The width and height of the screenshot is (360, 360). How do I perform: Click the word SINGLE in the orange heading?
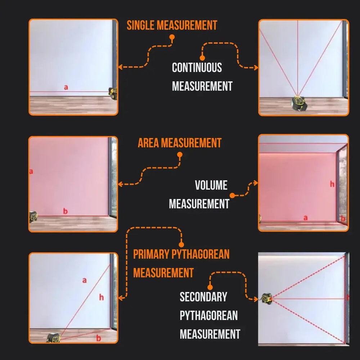click(141, 26)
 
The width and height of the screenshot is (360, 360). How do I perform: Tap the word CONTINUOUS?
click(197, 68)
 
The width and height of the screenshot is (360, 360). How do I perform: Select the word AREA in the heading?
click(148, 143)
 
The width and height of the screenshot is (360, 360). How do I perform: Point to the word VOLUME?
click(211, 185)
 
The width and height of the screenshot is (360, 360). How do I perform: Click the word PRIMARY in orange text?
click(151, 254)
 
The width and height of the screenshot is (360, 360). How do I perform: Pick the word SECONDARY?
click(203, 297)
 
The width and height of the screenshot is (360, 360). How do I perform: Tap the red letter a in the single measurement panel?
click(66, 87)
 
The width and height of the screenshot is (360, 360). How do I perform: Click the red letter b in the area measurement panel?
click(65, 211)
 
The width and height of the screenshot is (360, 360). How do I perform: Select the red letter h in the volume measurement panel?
click(332, 184)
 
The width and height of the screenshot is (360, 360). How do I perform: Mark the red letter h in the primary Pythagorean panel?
click(102, 297)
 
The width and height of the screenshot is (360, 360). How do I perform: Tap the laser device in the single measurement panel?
click(114, 94)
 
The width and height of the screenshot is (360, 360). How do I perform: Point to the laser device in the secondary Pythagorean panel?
click(267, 298)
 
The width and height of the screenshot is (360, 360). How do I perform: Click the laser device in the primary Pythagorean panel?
click(54, 338)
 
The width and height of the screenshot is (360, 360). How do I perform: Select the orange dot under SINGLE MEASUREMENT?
click(172, 37)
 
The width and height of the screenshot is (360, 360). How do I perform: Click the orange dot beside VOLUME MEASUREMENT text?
click(233, 195)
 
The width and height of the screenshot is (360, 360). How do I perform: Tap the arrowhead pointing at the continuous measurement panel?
click(256, 67)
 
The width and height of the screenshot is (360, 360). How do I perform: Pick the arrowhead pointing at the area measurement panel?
click(120, 184)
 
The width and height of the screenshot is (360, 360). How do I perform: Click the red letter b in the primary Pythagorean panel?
click(99, 338)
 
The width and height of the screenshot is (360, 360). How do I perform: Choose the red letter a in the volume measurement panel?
click(306, 217)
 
